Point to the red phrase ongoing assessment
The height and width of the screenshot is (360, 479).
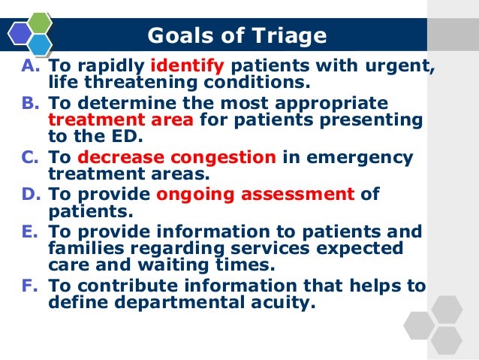(255, 194)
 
